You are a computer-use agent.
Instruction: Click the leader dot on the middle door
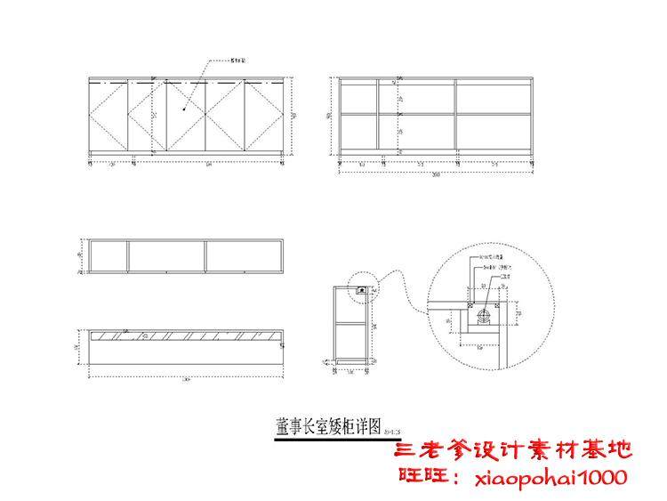point(185,109)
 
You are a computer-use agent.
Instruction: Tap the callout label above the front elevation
point(237,62)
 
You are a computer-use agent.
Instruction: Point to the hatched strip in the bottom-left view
point(187,337)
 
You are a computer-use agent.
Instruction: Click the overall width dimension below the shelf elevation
point(436,174)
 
